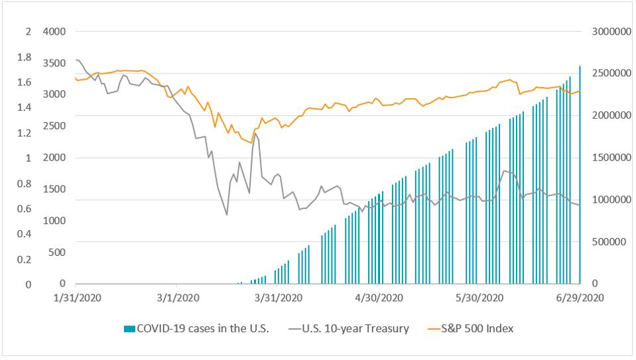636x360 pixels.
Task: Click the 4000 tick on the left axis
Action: [x=54, y=31]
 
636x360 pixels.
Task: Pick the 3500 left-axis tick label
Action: [x=54, y=63]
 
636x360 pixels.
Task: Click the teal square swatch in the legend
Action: [x=129, y=328]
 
